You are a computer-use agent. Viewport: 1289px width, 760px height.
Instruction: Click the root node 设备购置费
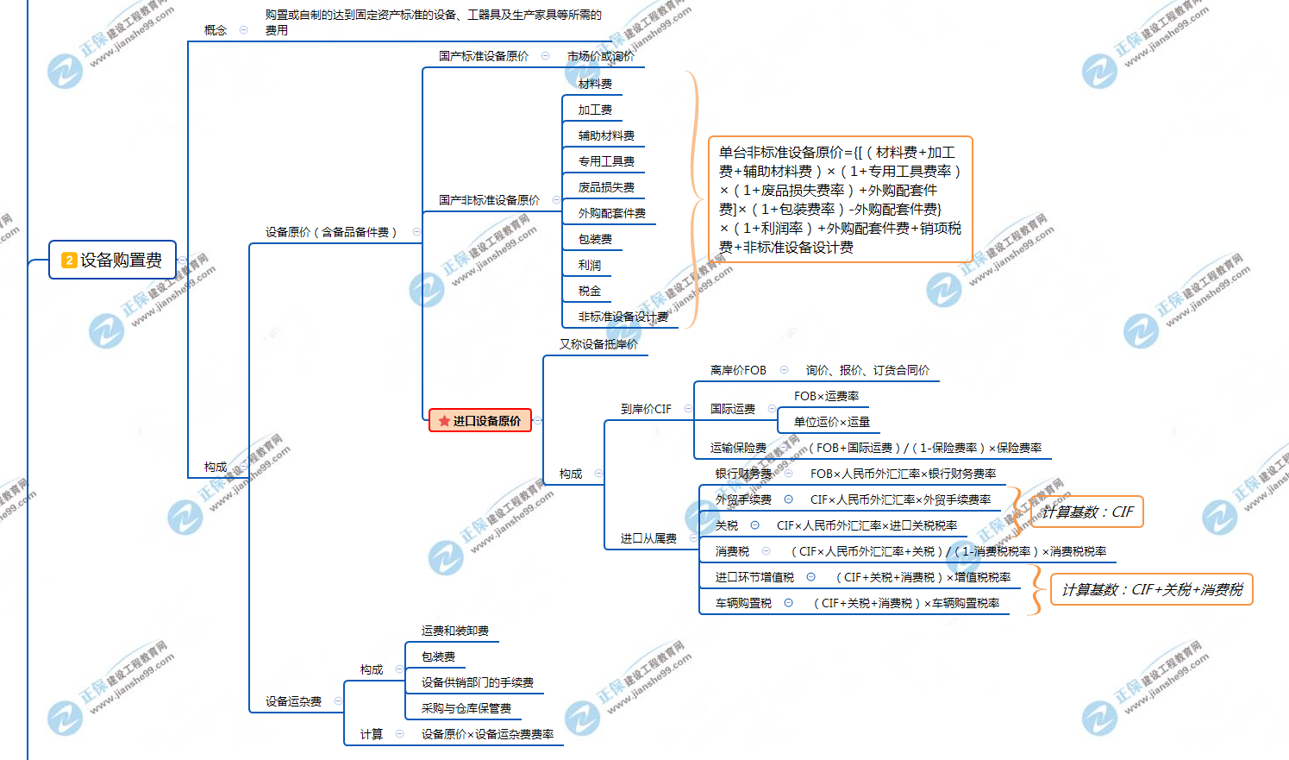tap(113, 260)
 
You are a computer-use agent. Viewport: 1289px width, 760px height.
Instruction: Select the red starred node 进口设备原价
tap(480, 421)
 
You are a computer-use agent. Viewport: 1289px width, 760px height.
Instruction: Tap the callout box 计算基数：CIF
tap(1086, 512)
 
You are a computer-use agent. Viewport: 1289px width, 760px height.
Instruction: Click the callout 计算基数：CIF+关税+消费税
tap(1152, 590)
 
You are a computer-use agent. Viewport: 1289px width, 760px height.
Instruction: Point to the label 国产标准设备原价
tap(484, 56)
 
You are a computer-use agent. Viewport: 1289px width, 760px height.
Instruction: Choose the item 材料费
tap(595, 84)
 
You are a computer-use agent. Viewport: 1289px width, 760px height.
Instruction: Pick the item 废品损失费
tap(606, 187)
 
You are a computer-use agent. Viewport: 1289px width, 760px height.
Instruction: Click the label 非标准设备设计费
tap(623, 317)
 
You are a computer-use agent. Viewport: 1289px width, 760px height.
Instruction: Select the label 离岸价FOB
tap(738, 370)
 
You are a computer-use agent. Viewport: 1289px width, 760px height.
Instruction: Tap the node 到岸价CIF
tap(646, 409)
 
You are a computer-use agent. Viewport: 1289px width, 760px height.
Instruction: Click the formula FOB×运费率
tap(826, 396)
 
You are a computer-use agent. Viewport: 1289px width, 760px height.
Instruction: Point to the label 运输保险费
tap(738, 448)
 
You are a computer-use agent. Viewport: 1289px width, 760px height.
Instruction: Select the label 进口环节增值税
tap(754, 577)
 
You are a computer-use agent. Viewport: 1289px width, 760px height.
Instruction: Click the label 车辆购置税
tap(743, 603)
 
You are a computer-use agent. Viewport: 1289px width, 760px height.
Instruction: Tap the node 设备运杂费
tap(293, 701)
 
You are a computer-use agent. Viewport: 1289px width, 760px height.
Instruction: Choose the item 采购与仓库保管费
tap(466, 708)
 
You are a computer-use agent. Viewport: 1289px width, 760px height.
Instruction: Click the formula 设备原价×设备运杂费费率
tap(487, 734)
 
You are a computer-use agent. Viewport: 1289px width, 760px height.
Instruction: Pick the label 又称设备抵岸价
tap(598, 344)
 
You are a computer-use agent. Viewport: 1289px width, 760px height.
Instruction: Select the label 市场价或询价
tap(600, 56)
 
